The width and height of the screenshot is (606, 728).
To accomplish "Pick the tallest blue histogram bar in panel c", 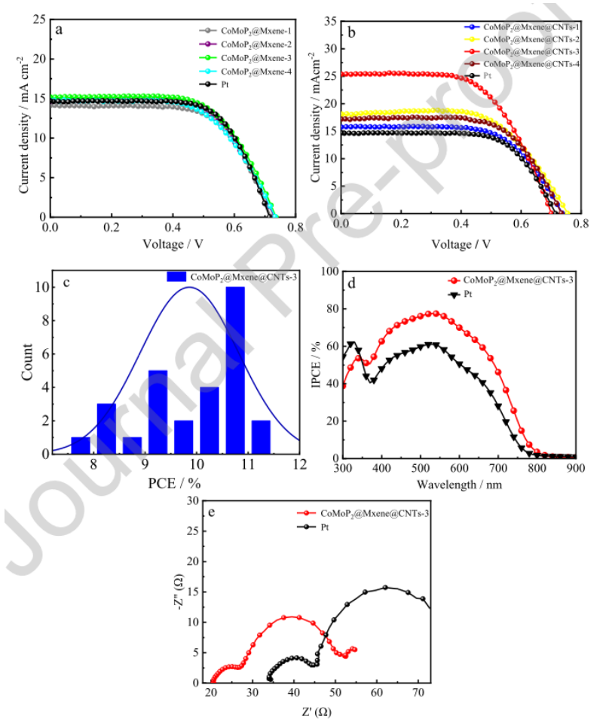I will [235, 370].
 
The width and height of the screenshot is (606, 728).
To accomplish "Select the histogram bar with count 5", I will [158, 411].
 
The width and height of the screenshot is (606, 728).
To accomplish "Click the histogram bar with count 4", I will [209, 420].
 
